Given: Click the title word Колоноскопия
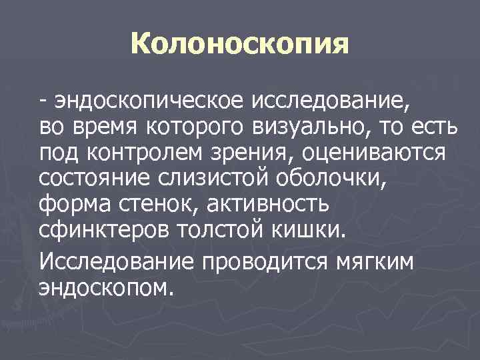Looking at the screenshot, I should pyautogui.click(x=240, y=45).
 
